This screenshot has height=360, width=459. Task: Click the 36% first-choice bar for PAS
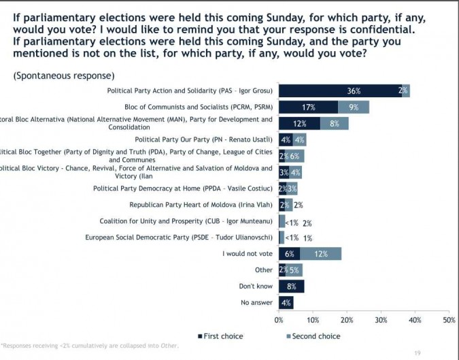[339, 91]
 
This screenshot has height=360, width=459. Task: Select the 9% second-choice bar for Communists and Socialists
[354, 107]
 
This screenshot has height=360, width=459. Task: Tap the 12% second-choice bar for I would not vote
[320, 254]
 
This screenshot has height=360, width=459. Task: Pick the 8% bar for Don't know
[292, 287]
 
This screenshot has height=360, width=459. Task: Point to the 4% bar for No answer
[286, 303]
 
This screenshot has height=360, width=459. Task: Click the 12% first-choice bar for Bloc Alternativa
[299, 123]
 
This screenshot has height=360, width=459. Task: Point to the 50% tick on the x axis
[449, 318]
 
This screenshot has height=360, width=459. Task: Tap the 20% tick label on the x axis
[347, 318]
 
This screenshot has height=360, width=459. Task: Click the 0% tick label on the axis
[279, 318]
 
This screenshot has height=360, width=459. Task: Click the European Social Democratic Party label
[179, 238]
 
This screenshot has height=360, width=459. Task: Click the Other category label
[263, 270]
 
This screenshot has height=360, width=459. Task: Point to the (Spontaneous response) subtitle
[64, 76]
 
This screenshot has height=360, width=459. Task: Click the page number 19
[417, 353]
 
